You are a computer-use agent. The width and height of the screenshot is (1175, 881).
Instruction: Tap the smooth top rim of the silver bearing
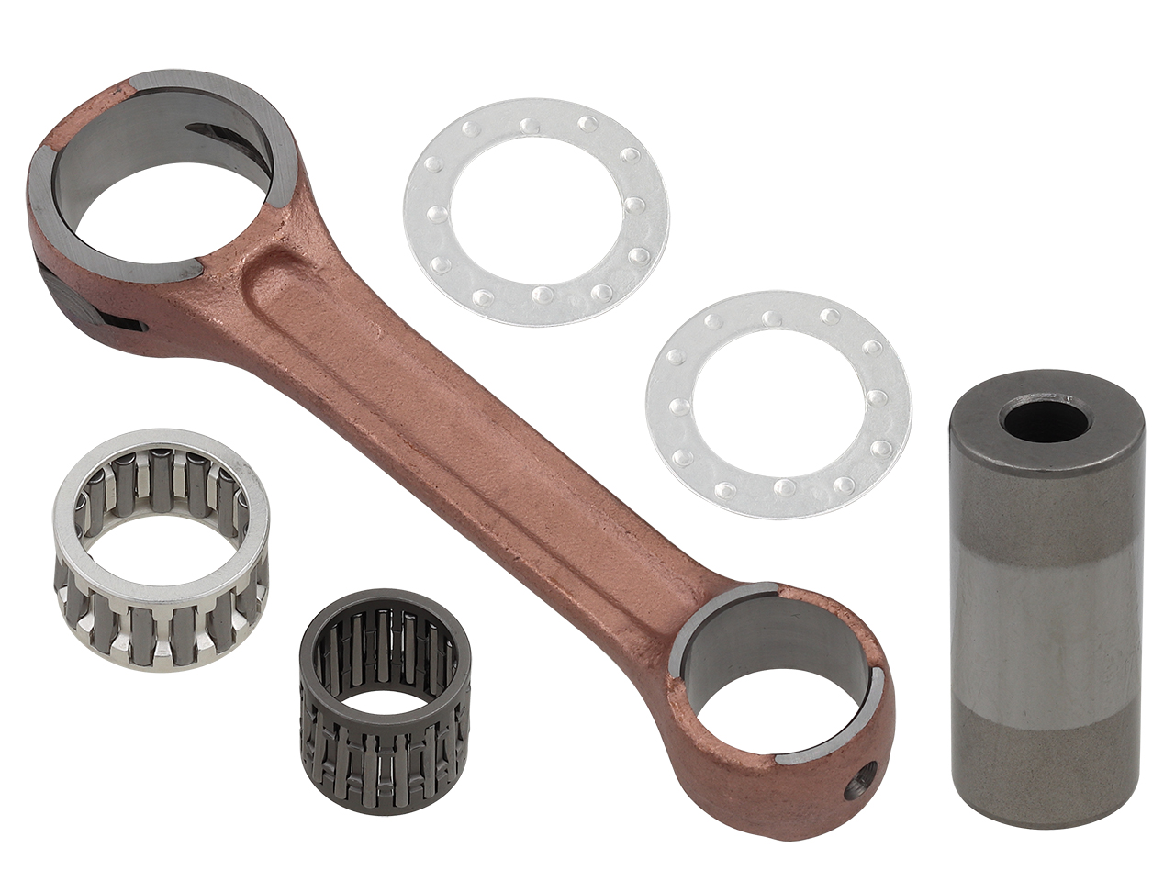point(161,445)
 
